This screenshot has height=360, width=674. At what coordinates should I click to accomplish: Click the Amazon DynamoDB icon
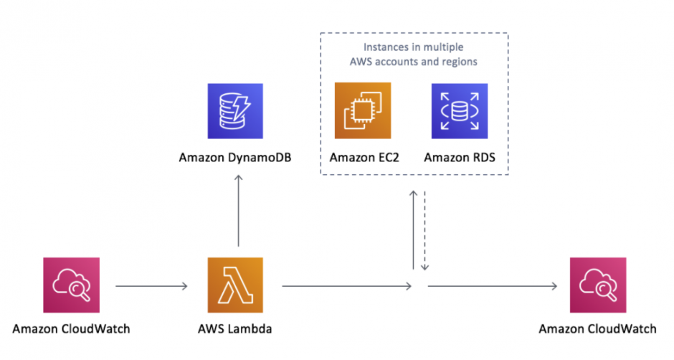click(236, 110)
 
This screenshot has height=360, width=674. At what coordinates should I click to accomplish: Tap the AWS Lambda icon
click(236, 286)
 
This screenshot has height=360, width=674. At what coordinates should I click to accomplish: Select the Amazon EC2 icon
click(363, 110)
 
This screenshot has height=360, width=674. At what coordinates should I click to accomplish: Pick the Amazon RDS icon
click(460, 110)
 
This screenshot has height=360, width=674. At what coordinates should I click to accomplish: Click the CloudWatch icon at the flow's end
click(597, 286)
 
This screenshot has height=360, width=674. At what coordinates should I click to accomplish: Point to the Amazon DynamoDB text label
click(236, 156)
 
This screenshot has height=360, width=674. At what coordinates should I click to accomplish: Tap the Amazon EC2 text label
click(363, 156)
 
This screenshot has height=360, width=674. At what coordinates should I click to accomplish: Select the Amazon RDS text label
click(460, 156)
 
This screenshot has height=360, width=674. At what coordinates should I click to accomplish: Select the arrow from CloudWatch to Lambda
click(151, 287)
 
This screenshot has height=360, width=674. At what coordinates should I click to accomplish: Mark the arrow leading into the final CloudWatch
click(492, 287)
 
